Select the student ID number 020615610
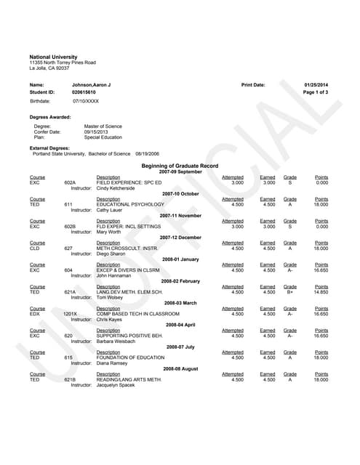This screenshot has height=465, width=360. pyautogui.click(x=84, y=92)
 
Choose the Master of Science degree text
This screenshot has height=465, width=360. pyautogui.click(x=103, y=126)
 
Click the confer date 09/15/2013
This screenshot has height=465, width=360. pyautogui.click(x=95, y=132)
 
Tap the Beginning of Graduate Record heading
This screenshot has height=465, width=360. pyautogui.click(x=180, y=166)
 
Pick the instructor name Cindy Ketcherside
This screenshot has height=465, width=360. pyautogui.click(x=118, y=187)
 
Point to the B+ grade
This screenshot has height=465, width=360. pyautogui.click(x=289, y=292)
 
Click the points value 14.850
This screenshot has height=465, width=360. pyautogui.click(x=321, y=292)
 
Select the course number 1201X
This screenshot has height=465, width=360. pyautogui.click(x=71, y=314)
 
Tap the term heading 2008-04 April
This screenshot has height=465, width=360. pyautogui.click(x=180, y=325)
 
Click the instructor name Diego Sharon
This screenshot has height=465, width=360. pyautogui.click(x=111, y=254)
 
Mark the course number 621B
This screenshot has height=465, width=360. pyautogui.click(x=70, y=379)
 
